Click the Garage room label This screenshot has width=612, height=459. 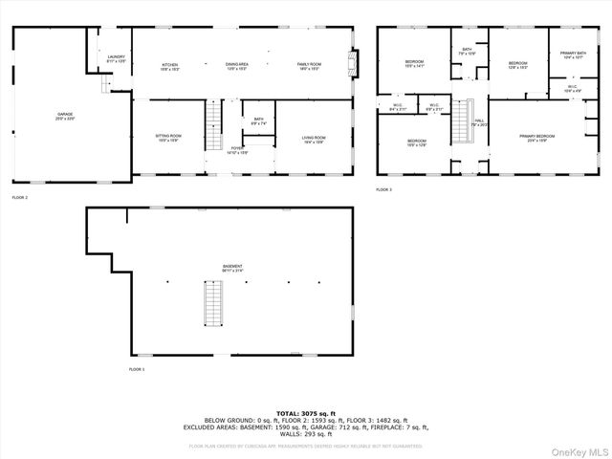click(x=64, y=116)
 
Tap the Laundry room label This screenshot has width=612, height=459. click(x=117, y=59)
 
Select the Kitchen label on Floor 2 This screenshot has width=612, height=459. click(x=170, y=66)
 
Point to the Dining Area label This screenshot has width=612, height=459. click(x=237, y=66)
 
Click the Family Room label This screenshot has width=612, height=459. click(x=308, y=66)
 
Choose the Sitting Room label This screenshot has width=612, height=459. click(x=168, y=139)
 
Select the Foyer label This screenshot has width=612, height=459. click(x=237, y=150)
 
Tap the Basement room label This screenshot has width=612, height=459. click(x=232, y=268)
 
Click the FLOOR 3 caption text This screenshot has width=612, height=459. click(x=384, y=190)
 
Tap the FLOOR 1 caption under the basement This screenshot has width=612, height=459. click(x=138, y=369)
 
